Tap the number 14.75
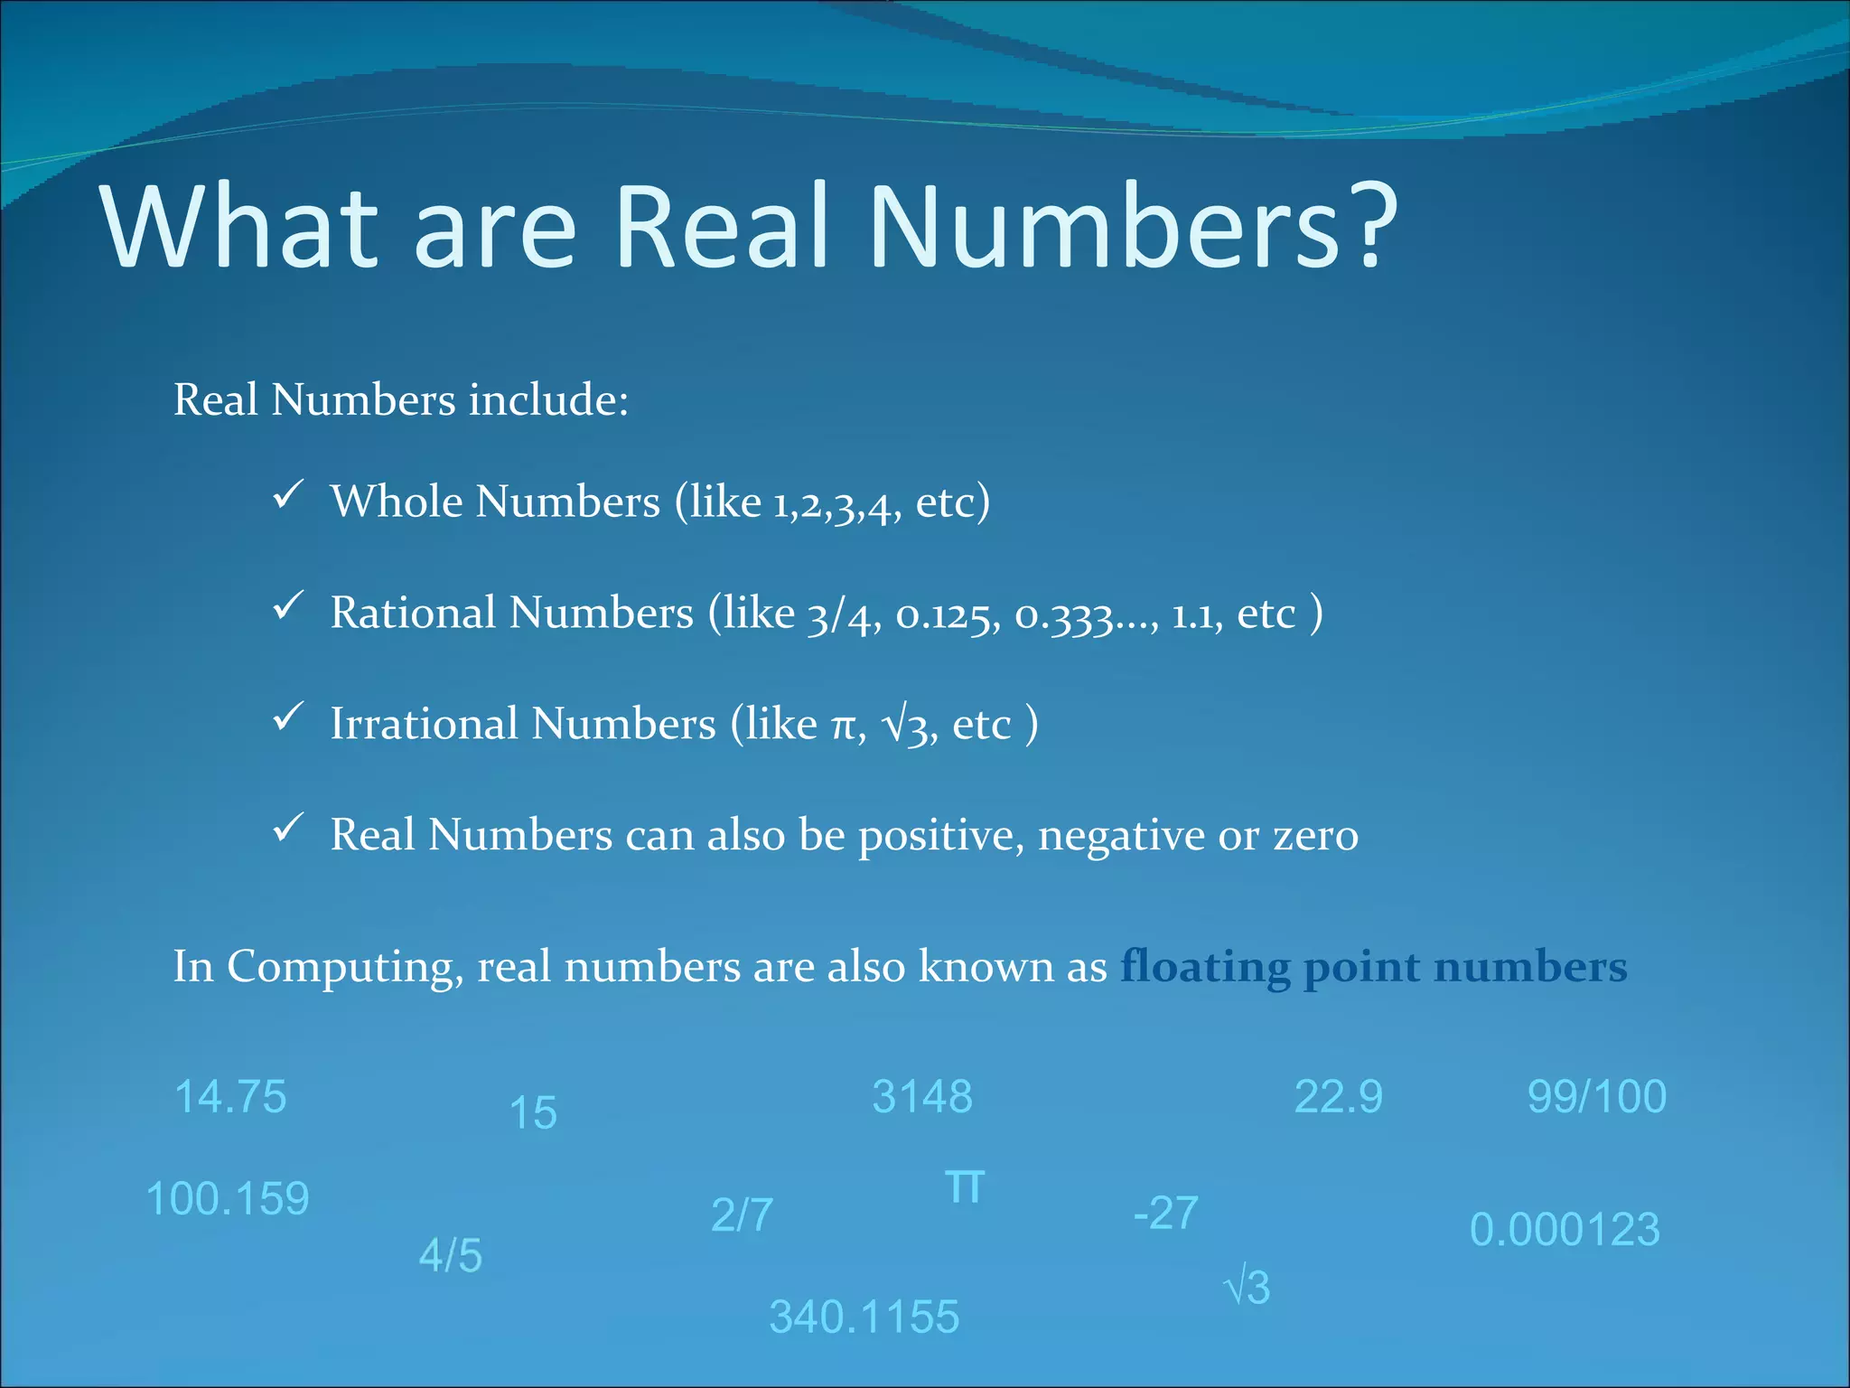pos(230,1097)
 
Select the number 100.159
pos(228,1199)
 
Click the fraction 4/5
pos(451,1256)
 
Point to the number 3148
pos(922,1097)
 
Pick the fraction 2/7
pos(742,1214)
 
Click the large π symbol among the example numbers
pos(965,1186)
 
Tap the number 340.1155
pos(864,1317)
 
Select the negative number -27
pos(1166,1214)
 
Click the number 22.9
pos(1338,1097)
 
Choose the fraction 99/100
pos(1596,1097)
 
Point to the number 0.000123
pos(1565,1230)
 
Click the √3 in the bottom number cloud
pos(1247,1287)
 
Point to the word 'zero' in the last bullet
pos(1315,836)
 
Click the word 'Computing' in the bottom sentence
pos(344,968)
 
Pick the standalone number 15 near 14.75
pos(533,1113)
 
